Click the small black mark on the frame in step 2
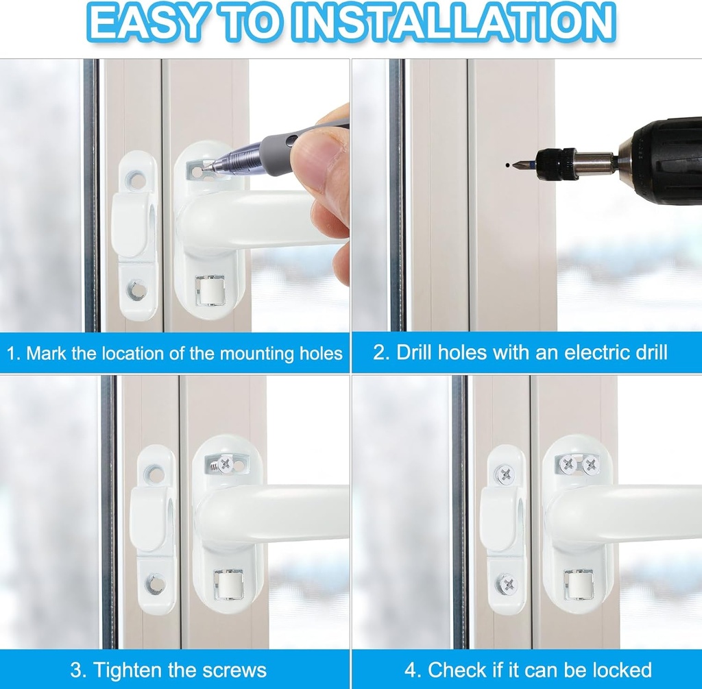pos(506,165)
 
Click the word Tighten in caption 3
pos(127,669)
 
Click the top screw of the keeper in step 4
pos(505,473)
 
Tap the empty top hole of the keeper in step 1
pos(136,180)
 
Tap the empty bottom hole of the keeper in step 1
pos(137,290)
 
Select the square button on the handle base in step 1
pos(209,290)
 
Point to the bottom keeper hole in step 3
pos(156,584)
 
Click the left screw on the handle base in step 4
pos(568,464)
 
